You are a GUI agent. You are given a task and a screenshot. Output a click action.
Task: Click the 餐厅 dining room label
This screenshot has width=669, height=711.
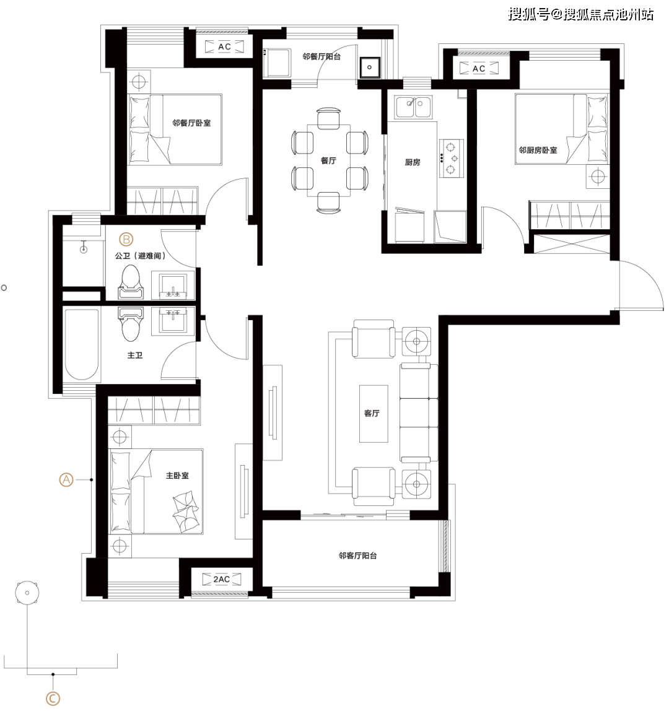(328, 160)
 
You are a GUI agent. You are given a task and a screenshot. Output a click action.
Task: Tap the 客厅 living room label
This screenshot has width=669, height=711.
(372, 413)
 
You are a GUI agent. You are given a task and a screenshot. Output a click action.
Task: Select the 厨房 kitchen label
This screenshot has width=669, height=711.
(413, 162)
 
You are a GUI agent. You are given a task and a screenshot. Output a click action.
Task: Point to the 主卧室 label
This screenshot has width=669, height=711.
(177, 476)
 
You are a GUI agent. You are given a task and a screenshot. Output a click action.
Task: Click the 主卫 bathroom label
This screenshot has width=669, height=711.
(134, 355)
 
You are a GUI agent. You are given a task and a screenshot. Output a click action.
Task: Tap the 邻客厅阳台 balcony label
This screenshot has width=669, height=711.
(357, 556)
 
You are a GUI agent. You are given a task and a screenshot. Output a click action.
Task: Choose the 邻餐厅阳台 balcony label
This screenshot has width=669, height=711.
(321, 57)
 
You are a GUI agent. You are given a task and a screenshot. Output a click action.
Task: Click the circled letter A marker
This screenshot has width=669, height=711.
(67, 480)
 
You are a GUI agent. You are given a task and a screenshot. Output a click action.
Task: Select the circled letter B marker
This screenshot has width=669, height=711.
(126, 240)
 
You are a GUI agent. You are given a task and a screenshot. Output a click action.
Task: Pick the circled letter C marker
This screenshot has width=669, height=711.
(53, 699)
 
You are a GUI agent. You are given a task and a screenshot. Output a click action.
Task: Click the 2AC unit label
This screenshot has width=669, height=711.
(221, 579)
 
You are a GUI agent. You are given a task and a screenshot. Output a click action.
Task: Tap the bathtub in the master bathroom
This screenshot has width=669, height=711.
(82, 344)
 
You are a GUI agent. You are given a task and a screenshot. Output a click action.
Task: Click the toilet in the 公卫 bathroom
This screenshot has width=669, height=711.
(131, 282)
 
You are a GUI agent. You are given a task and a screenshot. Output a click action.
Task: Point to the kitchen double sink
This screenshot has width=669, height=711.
(413, 107)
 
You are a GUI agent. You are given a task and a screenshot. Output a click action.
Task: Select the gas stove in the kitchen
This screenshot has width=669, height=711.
(451, 158)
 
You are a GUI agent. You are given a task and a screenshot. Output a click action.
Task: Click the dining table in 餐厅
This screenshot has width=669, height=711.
(328, 160)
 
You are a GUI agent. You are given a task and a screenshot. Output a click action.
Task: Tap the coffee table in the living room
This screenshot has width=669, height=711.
(374, 414)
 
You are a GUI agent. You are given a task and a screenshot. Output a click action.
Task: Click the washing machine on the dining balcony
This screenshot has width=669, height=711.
(277, 63)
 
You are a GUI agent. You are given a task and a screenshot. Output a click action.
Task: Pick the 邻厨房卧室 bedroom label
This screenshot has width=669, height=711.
(538, 150)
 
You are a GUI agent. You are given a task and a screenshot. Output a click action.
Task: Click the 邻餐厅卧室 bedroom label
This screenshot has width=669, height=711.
(191, 123)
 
